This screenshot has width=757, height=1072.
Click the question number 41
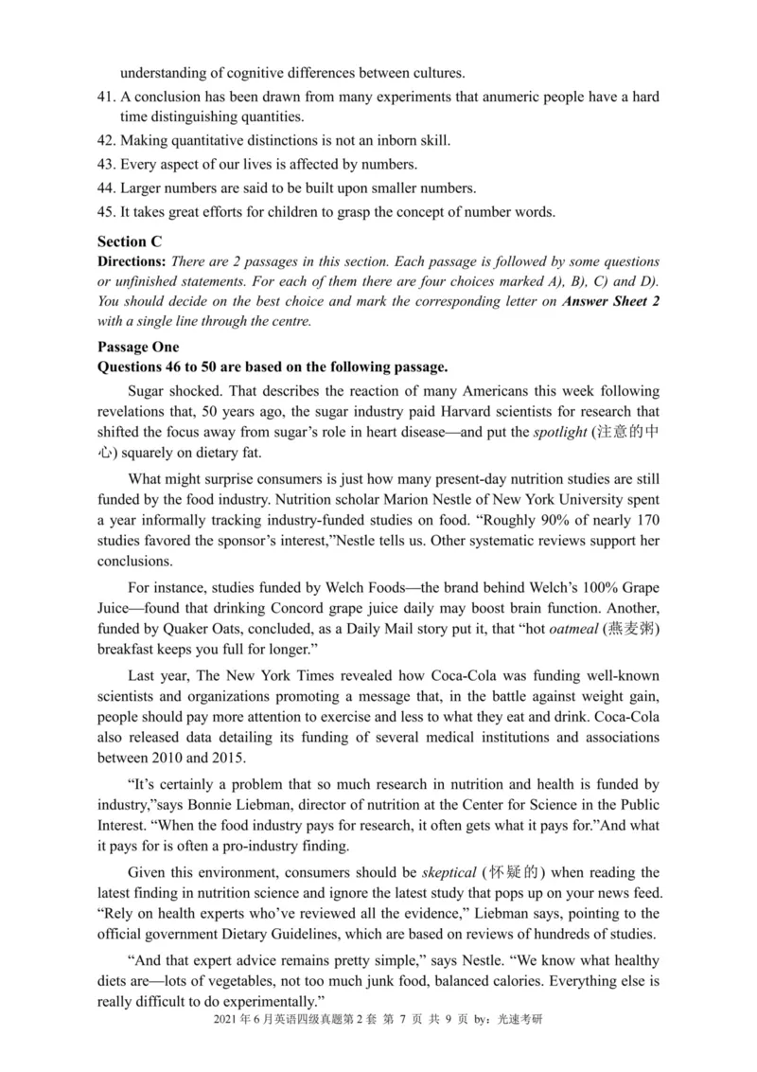[107, 98]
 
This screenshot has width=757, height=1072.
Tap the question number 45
[107, 211]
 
